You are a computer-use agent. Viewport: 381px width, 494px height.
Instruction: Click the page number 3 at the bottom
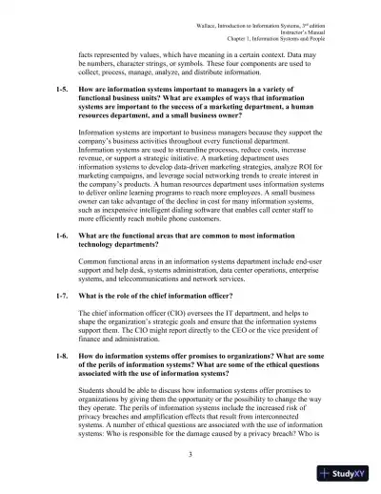point(191,456)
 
